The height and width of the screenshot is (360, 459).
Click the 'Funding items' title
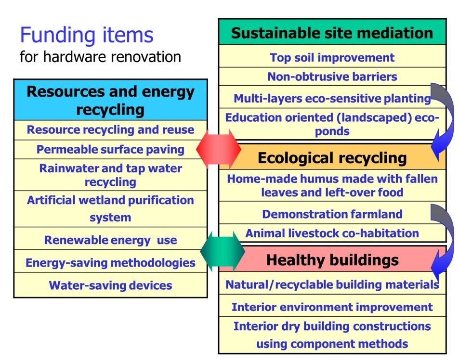tap(87, 35)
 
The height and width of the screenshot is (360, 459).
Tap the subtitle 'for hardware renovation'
tap(100, 57)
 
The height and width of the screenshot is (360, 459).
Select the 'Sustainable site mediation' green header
tap(332, 32)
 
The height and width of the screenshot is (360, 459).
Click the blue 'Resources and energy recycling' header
tap(110, 100)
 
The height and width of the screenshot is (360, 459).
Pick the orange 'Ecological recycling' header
tap(332, 158)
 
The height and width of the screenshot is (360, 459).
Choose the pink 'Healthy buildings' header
tap(332, 260)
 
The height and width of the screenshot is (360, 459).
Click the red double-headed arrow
tap(218, 149)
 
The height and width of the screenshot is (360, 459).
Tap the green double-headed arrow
tap(223, 251)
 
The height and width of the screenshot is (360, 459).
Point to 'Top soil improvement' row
tap(332, 57)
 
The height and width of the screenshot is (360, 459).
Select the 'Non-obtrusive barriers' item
tap(332, 77)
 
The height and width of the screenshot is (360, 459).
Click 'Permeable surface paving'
tap(110, 150)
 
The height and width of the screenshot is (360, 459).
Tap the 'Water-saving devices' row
tap(110, 285)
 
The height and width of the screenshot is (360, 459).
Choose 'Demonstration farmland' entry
tap(332, 214)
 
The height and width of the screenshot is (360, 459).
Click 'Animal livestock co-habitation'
tap(332, 233)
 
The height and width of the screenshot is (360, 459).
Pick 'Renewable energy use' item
tap(110, 240)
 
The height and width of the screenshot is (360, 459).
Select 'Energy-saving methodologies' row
tap(110, 263)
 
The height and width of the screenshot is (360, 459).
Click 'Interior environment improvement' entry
tap(332, 307)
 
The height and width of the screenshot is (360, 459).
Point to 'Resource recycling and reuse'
tap(110, 129)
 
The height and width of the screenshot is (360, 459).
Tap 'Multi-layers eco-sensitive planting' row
tap(332, 98)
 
